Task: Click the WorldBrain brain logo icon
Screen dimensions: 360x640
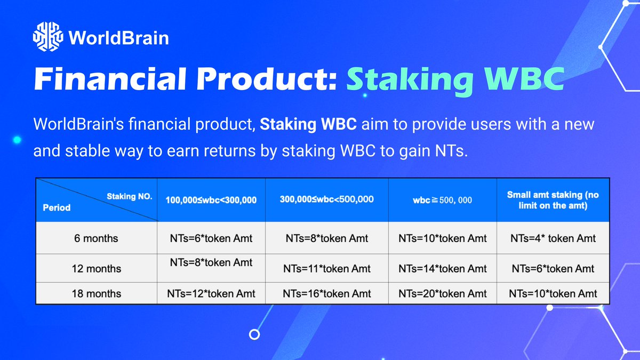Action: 47,38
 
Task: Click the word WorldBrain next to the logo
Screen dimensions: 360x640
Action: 118,38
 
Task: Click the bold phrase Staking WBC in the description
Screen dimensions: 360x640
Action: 309,126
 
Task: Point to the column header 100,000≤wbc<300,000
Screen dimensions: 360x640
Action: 211,200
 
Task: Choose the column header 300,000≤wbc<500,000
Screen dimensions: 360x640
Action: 326,199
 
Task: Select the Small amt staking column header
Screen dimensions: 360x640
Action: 553,200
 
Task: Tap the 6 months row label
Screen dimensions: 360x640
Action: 97,238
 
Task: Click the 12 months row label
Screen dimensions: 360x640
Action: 97,269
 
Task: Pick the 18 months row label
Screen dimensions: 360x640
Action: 97,293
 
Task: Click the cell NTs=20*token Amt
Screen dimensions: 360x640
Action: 442,293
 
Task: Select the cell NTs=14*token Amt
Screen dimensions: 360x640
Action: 442,269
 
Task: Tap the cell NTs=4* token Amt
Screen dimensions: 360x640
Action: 553,238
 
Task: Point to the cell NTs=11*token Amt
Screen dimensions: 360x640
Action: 326,269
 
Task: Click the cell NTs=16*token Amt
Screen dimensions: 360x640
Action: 326,293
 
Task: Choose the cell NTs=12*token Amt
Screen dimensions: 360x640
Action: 211,293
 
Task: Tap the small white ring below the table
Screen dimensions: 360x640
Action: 255,334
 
